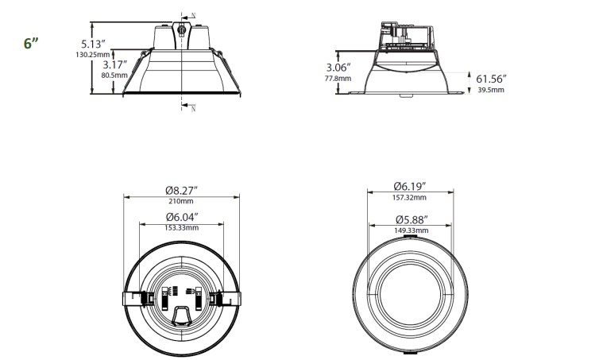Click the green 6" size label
[x=31, y=43]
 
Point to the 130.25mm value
[x=93, y=55]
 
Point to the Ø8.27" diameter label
[x=181, y=190]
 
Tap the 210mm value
[x=181, y=201]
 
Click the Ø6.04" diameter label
[x=182, y=217]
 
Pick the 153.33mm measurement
[x=182, y=227]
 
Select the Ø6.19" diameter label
[x=410, y=186]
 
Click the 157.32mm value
[x=410, y=197]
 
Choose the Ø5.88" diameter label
[x=411, y=220]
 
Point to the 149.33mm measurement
[x=411, y=230]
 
